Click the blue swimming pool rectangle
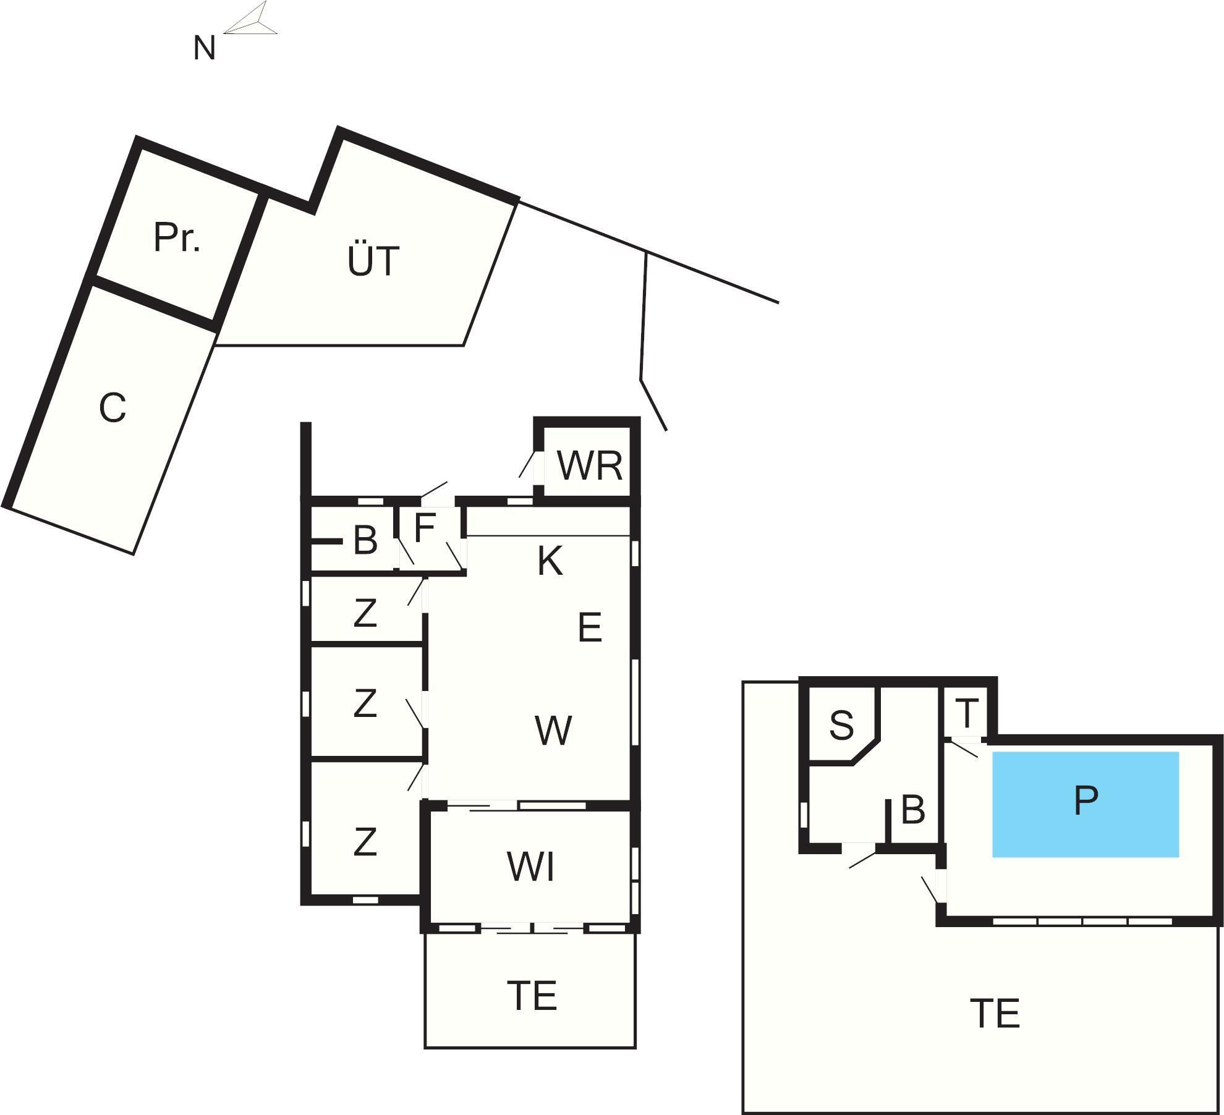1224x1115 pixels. (x=1086, y=804)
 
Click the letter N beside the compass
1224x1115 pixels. (x=205, y=48)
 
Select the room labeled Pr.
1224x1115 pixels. (x=177, y=237)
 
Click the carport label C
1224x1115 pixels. (x=113, y=408)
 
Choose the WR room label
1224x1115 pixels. (x=590, y=465)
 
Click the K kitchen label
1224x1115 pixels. (x=550, y=561)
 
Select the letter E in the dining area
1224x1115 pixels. (x=590, y=627)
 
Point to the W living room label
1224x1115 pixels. (x=553, y=730)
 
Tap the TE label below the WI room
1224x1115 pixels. (x=532, y=996)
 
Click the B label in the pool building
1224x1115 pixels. (x=913, y=809)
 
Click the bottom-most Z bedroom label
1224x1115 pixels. (x=365, y=841)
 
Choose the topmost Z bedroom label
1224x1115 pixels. (x=365, y=613)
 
